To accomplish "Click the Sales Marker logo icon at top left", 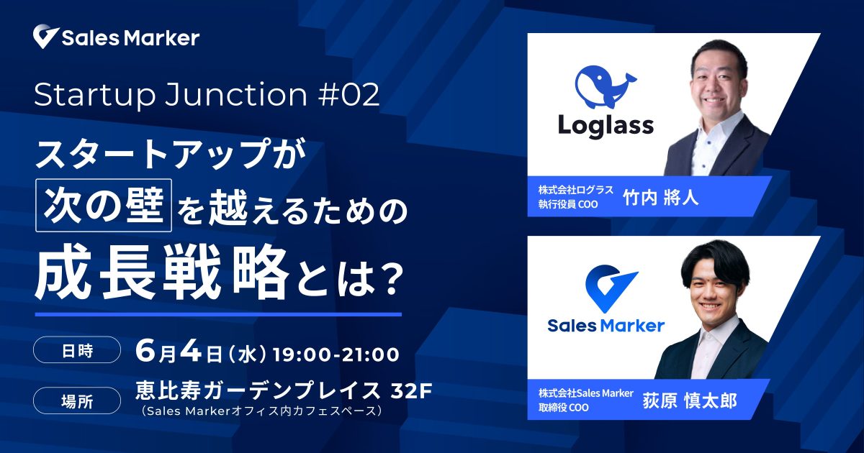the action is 46,37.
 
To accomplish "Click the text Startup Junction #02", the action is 207,94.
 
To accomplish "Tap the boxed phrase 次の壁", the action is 104,206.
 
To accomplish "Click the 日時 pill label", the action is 77,350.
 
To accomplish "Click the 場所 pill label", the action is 77,401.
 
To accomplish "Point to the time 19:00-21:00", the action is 336,354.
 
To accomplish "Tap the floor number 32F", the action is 411,391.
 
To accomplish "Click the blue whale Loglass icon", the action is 606,88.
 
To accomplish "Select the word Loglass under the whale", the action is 606,126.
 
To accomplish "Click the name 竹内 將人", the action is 661,198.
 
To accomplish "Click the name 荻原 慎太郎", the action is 690,401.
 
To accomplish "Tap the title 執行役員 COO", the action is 568,204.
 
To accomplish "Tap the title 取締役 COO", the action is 564,408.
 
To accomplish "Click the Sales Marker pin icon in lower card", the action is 611,288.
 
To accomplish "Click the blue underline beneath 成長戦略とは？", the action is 218,314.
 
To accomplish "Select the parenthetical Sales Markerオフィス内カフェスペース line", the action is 262,411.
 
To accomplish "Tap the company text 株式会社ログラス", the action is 576,190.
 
